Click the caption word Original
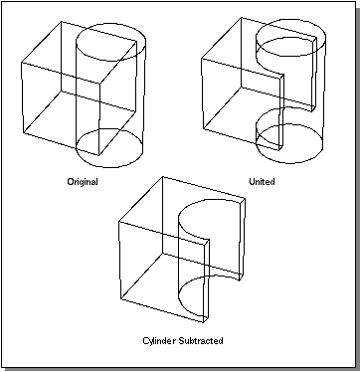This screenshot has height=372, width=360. [83, 182]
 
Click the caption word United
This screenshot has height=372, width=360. [262, 182]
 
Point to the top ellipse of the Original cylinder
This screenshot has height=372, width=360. [110, 24]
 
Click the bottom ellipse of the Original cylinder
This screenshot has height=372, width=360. [110, 167]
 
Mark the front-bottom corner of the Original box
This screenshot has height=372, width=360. [98, 155]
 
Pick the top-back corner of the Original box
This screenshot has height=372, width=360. [62, 22]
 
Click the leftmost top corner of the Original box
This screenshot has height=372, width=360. [22, 63]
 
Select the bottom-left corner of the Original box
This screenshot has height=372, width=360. [24, 133]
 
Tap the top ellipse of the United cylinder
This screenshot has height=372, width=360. [291, 19]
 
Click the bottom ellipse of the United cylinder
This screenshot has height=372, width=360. [290, 163]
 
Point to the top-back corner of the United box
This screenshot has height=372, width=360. [241, 18]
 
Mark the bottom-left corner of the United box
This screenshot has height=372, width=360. [204, 129]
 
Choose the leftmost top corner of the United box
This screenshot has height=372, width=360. [202, 59]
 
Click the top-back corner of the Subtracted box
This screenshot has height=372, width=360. [163, 177]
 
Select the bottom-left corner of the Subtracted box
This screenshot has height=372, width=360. [121, 300]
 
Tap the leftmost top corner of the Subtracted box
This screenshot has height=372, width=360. [119, 221]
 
